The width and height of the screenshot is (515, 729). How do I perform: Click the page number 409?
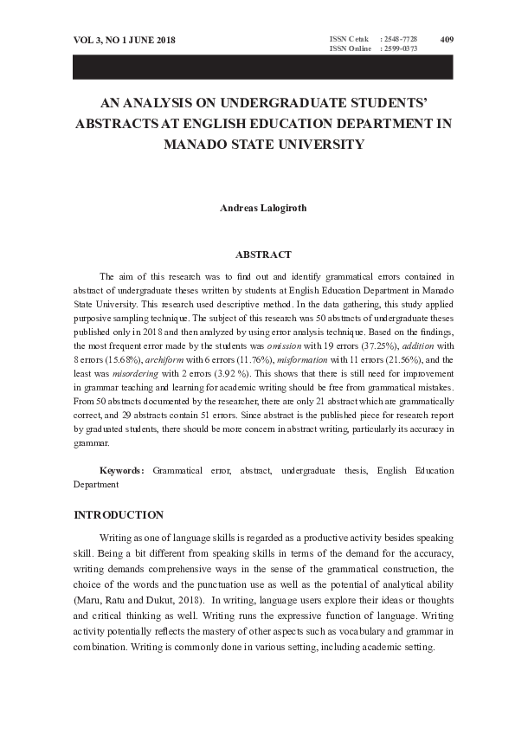[447, 39]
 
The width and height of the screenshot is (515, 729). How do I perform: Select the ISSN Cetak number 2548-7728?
[399, 39]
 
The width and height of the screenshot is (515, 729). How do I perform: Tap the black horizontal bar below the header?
[257, 67]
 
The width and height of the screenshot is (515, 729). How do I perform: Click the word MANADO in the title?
[222, 144]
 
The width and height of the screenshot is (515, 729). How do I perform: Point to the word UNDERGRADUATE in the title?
[263, 102]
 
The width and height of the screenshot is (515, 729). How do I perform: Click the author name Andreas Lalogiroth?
[257, 208]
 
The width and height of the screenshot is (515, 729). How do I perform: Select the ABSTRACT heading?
[263, 255]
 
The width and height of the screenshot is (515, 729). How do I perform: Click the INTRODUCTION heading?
[119, 515]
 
